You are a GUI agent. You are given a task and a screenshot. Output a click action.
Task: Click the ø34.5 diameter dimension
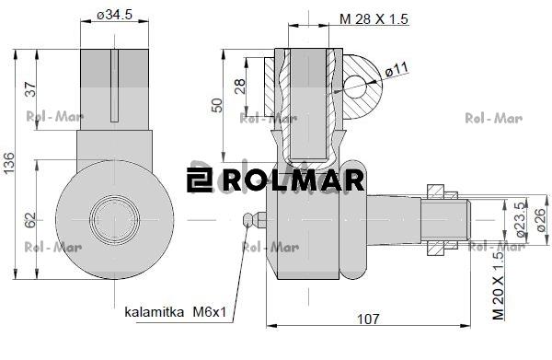115,16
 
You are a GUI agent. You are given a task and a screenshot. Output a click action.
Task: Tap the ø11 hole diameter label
397,69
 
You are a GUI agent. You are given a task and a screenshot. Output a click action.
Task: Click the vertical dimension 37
30,88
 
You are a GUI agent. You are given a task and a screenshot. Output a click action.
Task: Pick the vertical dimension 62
30,220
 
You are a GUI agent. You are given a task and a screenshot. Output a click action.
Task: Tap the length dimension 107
369,319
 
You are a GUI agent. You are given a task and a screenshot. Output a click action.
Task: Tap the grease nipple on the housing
252,219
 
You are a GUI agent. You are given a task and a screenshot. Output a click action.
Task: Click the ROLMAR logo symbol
200,180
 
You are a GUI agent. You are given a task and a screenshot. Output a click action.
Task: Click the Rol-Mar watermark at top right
494,118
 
